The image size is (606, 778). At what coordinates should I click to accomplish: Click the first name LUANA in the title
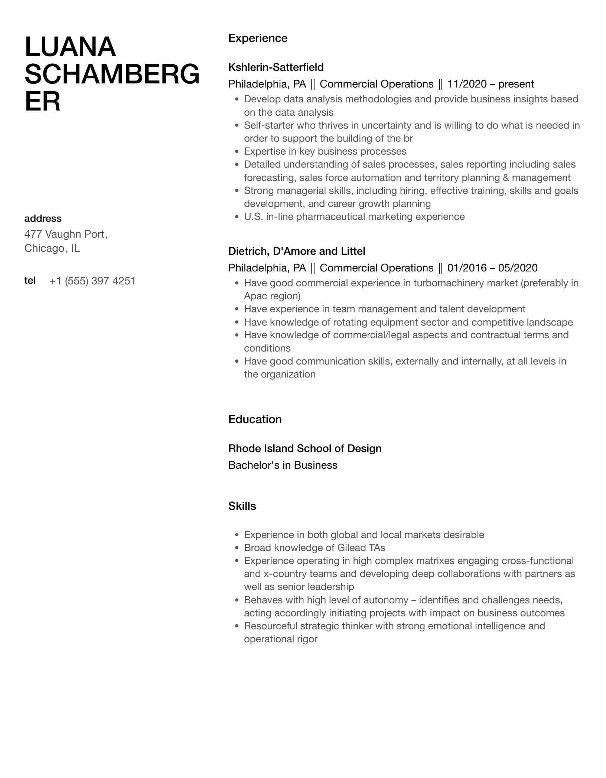point(70,47)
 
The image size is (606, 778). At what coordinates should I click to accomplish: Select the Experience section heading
point(258,38)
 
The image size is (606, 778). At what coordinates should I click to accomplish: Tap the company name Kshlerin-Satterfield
point(276,67)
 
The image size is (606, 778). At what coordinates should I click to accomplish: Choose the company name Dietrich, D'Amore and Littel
point(297,251)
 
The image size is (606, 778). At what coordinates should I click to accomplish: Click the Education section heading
point(255,419)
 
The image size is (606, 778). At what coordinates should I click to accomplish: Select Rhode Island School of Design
point(305,448)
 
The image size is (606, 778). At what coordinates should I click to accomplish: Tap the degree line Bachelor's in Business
point(283,465)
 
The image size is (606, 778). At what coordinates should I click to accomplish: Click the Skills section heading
point(242,506)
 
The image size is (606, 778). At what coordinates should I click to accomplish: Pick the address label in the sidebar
point(43,218)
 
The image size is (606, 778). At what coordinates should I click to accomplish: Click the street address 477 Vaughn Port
point(66,234)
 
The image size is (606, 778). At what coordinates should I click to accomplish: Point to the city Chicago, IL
point(52,248)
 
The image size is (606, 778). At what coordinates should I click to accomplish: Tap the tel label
point(30,280)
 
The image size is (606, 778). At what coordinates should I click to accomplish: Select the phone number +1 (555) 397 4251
point(92,281)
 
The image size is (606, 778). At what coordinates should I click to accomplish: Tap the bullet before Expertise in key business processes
point(237,152)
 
